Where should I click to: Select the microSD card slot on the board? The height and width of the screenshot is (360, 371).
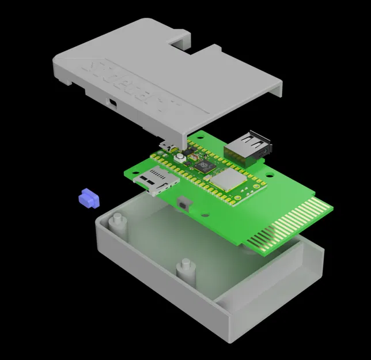(155, 180)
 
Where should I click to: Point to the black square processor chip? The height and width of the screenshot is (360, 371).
(203, 167)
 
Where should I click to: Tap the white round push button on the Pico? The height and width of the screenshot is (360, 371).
(180, 158)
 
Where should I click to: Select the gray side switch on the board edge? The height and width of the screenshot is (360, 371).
(185, 203)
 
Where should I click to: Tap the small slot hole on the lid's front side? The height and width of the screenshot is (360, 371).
(112, 104)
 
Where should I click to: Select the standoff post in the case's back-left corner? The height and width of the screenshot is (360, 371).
(117, 221)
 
